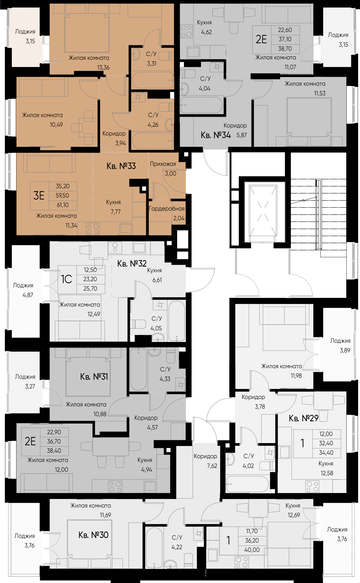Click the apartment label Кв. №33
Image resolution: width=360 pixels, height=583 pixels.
[121, 166]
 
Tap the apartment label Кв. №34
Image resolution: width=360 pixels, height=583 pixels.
[216, 135]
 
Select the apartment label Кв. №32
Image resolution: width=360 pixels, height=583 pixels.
[132, 264]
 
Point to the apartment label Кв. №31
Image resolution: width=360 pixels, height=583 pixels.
[94, 376]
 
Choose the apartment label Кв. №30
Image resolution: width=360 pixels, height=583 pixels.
[93, 535]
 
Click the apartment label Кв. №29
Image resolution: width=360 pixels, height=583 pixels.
[303, 418]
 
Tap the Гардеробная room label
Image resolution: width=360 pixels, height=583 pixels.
[167, 209]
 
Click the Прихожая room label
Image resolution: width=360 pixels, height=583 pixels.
[163, 164]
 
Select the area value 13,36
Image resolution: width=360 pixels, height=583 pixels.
[103, 67]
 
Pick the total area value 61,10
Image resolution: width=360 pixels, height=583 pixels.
[63, 205]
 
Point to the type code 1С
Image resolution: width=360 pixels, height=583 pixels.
[67, 279]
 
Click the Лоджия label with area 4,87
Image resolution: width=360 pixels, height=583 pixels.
[23, 285]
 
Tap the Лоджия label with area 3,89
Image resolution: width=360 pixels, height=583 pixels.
[340, 341]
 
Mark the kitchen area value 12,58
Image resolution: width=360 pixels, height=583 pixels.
[327, 473]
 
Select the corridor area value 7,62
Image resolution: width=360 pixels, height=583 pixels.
[212, 466]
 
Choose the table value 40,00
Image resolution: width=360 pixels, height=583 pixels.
[252, 550]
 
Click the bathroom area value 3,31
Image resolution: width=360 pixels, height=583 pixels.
[152, 64]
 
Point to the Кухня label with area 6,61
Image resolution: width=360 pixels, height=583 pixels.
[154, 271]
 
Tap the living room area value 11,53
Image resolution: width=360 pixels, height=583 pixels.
[320, 93]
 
